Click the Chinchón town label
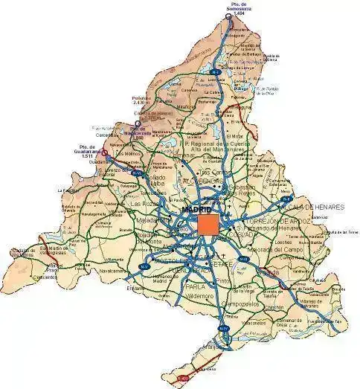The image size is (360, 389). pos(273,306)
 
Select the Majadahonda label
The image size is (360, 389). pos(152,220)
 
